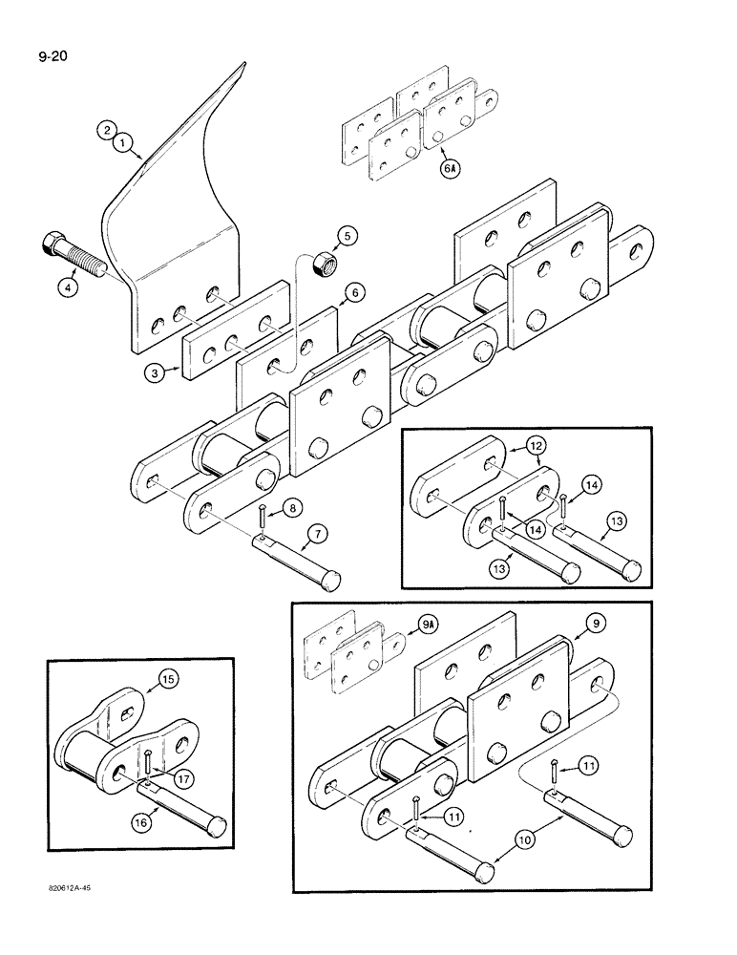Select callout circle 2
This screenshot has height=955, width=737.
coord(107,129)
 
